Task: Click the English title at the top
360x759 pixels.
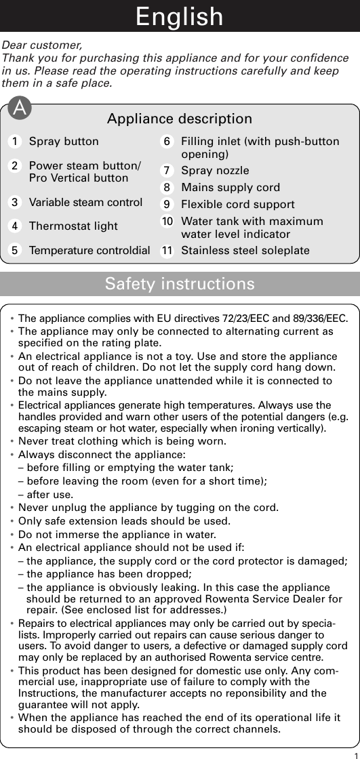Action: point(180,16)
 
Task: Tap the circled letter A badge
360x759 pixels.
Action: point(22,108)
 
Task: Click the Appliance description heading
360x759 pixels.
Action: point(180,119)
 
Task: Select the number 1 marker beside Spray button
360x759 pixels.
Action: point(14,142)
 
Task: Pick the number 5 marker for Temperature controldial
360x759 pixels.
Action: point(14,251)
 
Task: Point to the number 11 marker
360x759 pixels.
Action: point(166,251)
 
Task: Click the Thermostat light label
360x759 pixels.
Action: point(73,226)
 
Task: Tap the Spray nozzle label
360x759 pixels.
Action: point(215,171)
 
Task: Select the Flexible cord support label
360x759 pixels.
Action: point(238,204)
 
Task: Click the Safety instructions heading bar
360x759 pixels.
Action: point(180,283)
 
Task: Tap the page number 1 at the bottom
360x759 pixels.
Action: point(355,754)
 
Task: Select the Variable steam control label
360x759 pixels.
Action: point(85,202)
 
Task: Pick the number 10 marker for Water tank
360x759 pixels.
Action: point(166,221)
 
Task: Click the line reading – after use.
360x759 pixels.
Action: point(43,494)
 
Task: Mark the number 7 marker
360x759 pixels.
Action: point(166,171)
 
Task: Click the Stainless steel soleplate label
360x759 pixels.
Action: point(245,251)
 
